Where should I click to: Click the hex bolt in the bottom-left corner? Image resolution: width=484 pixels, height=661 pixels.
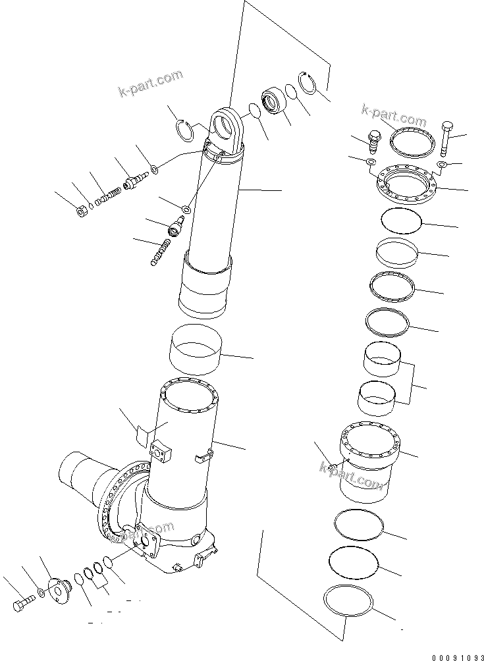23,604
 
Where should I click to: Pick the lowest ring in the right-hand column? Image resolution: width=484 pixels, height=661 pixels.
348,602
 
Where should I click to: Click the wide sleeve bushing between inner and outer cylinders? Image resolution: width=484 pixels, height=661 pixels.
194,348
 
